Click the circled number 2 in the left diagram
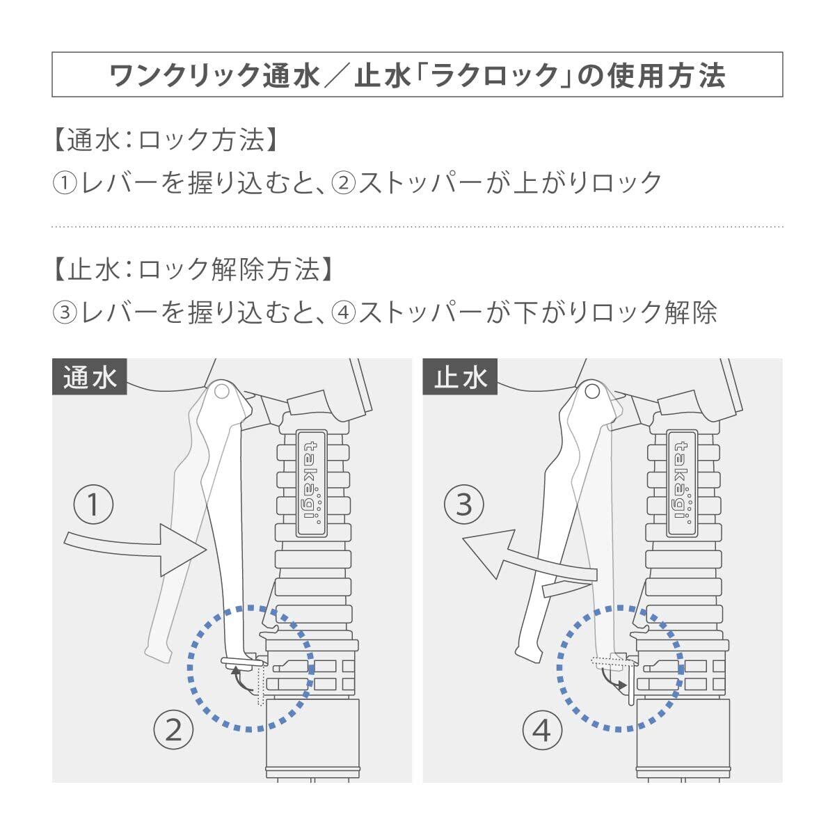[x=173, y=730]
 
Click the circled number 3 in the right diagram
[x=464, y=504]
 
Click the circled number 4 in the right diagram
[x=542, y=731]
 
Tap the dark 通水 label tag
[x=90, y=378]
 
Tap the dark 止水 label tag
[x=460, y=378]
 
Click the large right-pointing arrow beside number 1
[x=136, y=547]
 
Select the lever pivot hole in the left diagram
[x=222, y=391]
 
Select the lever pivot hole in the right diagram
[x=592, y=391]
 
